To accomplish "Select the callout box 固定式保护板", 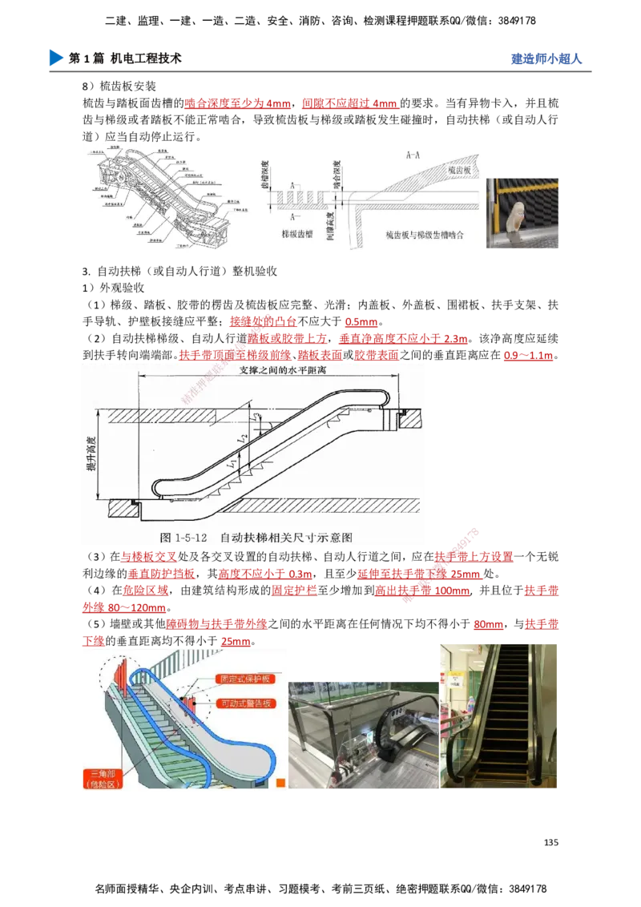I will pos(246,679).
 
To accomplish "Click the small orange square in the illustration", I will pos(280,783).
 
